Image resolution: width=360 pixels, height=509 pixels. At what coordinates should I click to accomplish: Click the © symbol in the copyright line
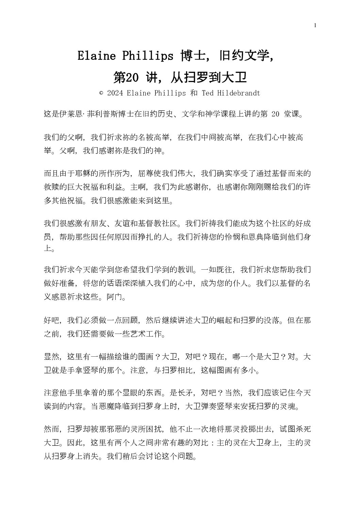coord(101,93)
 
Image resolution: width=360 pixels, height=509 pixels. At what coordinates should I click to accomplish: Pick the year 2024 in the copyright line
coord(115,93)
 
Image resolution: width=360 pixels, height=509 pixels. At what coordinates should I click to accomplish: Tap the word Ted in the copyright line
coord(208,93)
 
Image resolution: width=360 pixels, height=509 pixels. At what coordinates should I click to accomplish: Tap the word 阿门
coord(114,298)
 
